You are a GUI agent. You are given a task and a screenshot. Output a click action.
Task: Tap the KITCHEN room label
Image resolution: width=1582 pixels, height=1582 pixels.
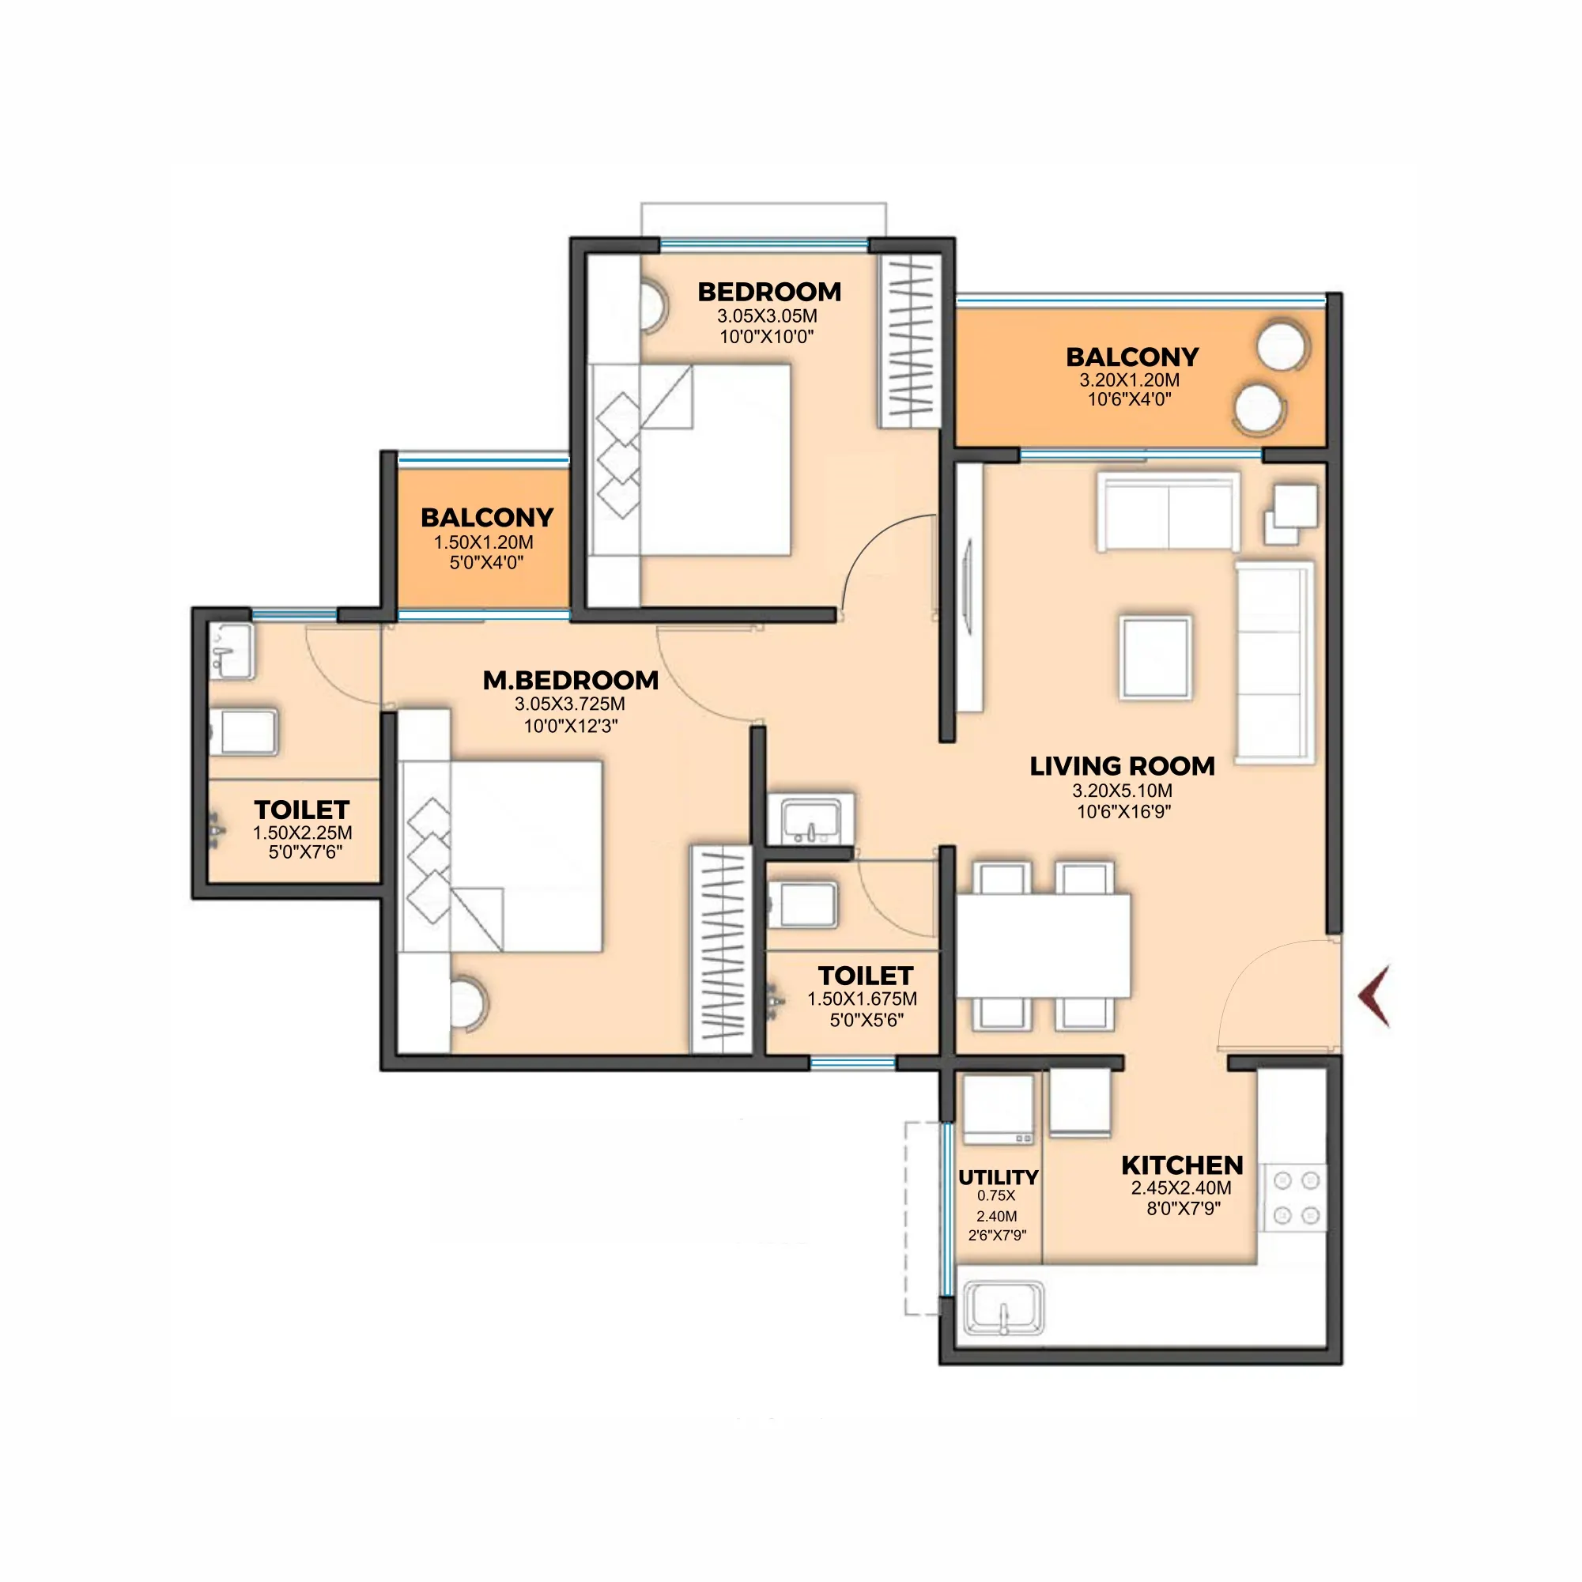[x=1182, y=1165]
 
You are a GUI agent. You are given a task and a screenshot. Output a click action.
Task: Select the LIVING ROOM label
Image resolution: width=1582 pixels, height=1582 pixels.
[x=1122, y=765]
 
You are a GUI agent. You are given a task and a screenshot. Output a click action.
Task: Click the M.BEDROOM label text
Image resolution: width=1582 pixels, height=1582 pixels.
[x=570, y=680]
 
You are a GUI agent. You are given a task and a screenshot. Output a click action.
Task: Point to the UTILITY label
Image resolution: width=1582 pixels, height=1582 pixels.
[x=999, y=1176]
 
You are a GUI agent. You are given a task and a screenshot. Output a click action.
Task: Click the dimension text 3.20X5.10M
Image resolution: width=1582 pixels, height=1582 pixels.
[x=1122, y=790]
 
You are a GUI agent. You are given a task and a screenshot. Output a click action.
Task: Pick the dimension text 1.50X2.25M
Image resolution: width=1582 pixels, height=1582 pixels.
[x=302, y=833]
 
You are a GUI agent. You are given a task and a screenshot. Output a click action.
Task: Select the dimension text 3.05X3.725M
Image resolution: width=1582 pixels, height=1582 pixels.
[x=570, y=704]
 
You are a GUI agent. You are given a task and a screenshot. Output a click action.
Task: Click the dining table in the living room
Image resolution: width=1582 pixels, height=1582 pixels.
[x=1044, y=946]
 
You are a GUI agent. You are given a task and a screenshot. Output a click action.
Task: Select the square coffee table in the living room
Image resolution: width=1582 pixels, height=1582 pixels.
[x=1156, y=658]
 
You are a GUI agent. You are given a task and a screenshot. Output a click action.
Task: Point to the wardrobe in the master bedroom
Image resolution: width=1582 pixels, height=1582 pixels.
[x=721, y=949]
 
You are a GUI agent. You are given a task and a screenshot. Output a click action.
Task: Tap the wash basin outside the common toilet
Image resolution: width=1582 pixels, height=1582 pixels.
[x=810, y=820]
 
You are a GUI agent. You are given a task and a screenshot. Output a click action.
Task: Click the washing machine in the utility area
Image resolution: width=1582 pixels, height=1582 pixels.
[x=999, y=1109]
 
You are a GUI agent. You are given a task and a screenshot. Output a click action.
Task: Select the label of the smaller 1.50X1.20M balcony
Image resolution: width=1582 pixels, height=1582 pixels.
[x=487, y=518]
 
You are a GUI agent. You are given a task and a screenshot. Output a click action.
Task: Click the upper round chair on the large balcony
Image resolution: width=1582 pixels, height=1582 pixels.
[x=1282, y=347]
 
